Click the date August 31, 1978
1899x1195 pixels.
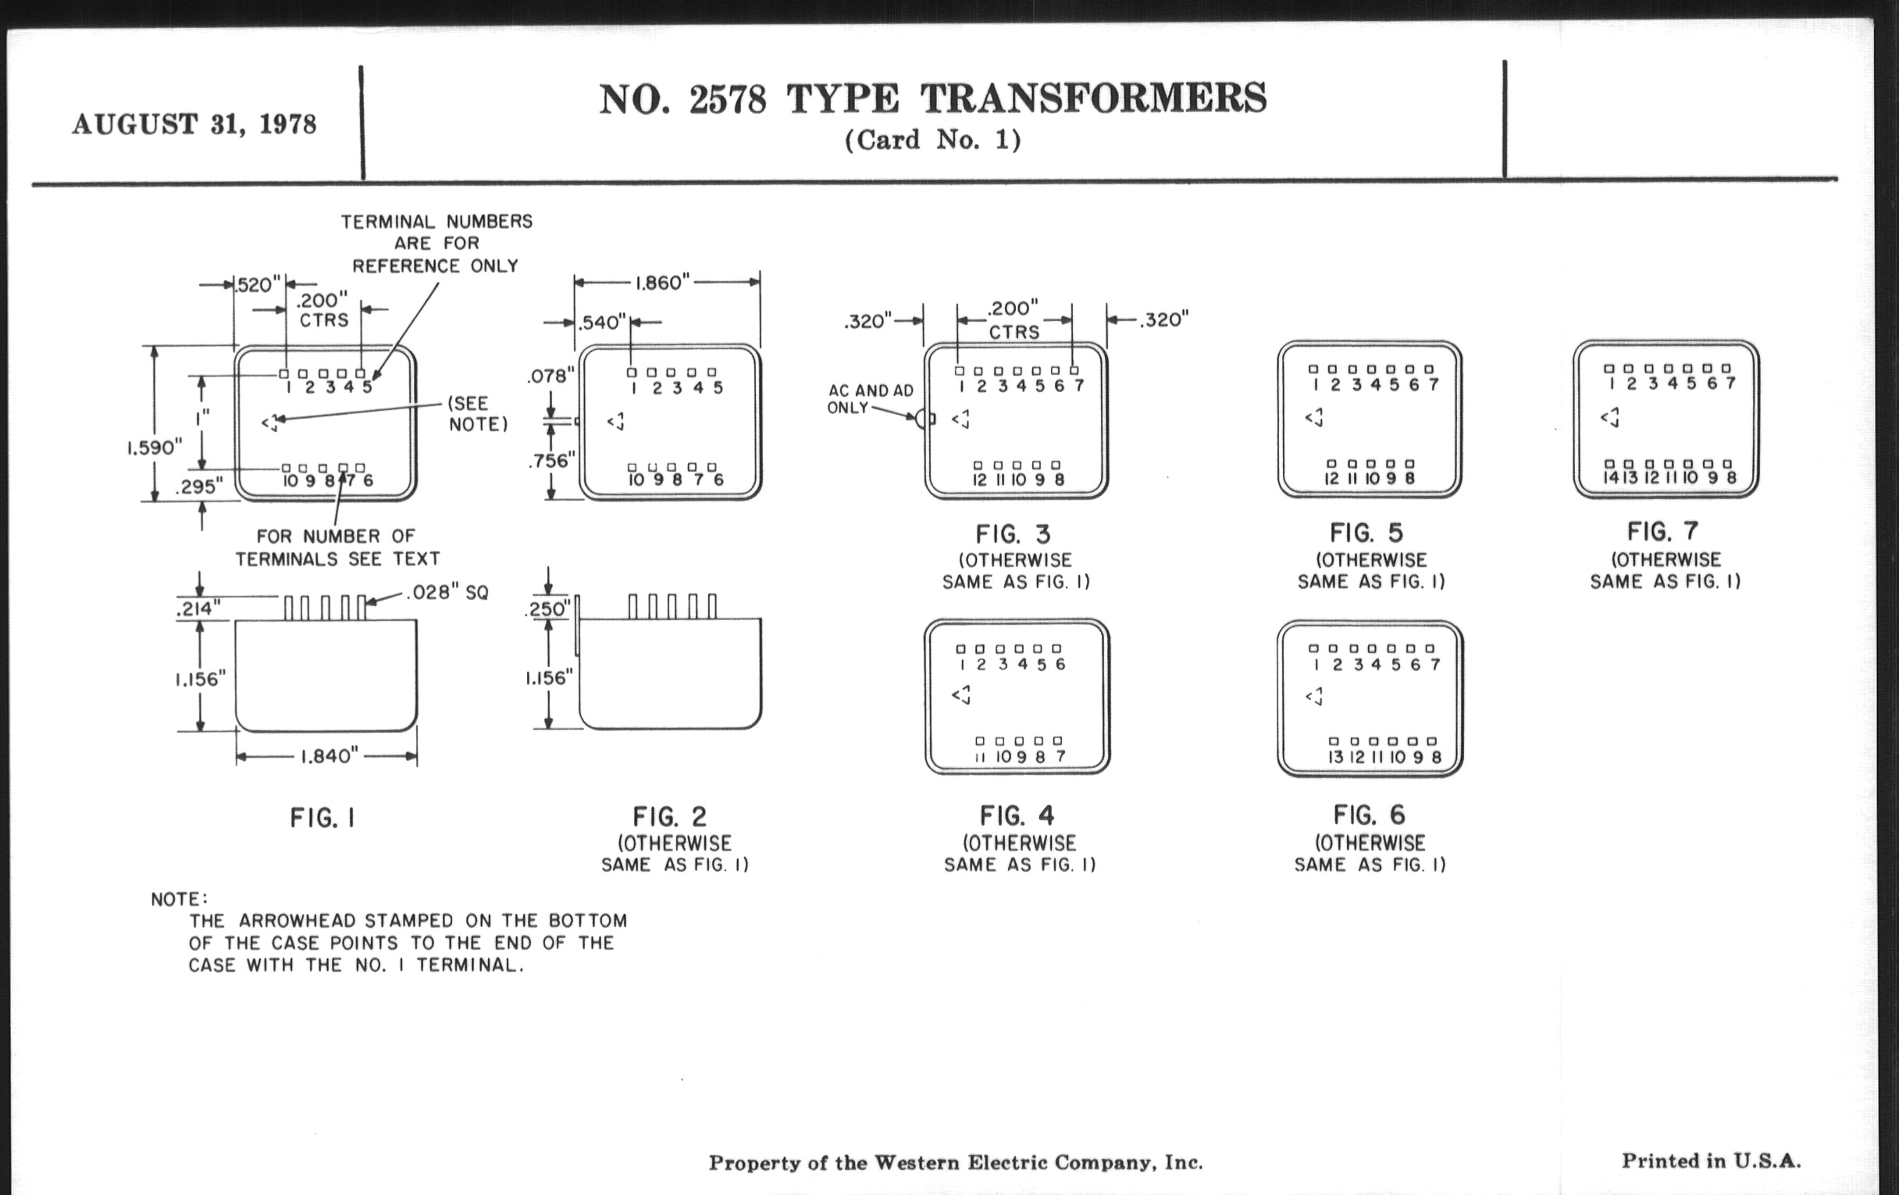[194, 125]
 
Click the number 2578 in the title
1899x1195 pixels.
[727, 100]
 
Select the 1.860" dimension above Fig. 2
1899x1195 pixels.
[663, 283]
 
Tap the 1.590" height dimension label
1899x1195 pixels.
[155, 448]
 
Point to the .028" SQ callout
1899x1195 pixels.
[447, 592]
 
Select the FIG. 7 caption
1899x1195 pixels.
[1662, 531]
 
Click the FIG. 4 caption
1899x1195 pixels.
[1017, 815]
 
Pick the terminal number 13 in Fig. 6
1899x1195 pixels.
[1336, 758]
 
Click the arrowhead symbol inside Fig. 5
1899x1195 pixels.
[1314, 417]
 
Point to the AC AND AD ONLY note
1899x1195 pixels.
[870, 399]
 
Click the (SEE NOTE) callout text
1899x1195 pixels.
[478, 414]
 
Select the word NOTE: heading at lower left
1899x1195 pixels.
[180, 899]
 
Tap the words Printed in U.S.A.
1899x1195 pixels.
[1711, 1161]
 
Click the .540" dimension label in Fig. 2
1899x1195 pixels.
[602, 323]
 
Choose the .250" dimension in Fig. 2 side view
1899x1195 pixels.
[547, 609]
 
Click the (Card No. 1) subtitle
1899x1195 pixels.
[933, 141]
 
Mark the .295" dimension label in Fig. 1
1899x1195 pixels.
[200, 487]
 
